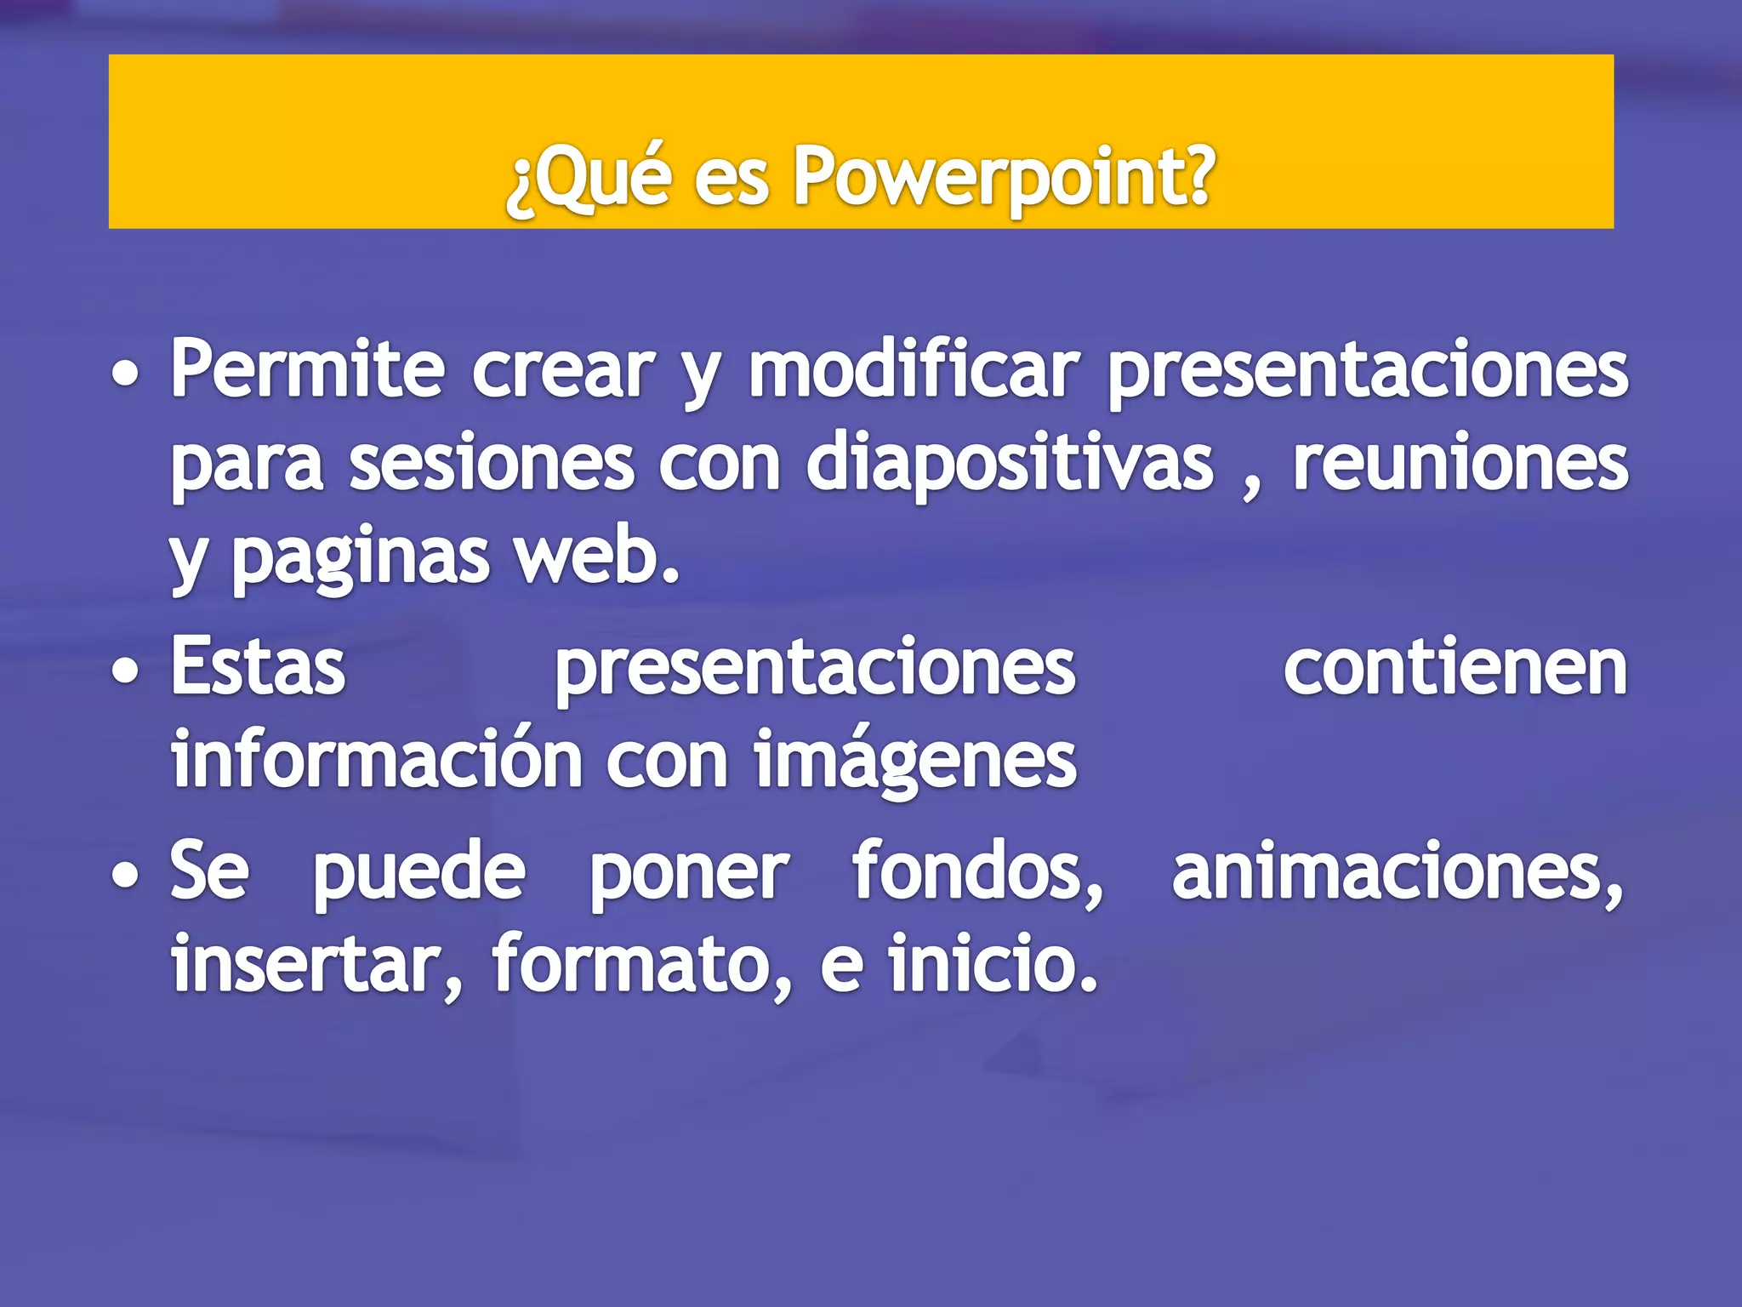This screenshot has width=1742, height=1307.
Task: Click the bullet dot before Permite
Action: pyautogui.click(x=126, y=374)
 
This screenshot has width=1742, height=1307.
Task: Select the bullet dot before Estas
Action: pyautogui.click(x=126, y=671)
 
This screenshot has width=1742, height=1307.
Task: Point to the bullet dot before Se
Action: pyautogui.click(x=126, y=876)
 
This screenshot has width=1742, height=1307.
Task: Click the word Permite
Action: pyautogui.click(x=307, y=371)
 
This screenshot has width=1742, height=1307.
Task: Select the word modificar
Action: pyautogui.click(x=914, y=371)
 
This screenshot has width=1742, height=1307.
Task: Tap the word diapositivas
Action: pyautogui.click(x=1010, y=465)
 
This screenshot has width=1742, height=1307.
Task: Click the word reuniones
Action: pyautogui.click(x=1460, y=465)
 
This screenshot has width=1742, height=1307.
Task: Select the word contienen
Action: pyautogui.click(x=1455, y=669)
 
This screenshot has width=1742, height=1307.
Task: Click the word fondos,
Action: pyautogui.click(x=978, y=871)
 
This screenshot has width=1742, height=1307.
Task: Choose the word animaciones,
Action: pyautogui.click(x=1398, y=873)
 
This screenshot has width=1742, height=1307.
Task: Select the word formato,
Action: pyautogui.click(x=642, y=965)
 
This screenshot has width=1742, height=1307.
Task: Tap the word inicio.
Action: pyautogui.click(x=993, y=965)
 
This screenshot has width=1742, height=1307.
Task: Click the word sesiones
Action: pyautogui.click(x=492, y=465)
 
